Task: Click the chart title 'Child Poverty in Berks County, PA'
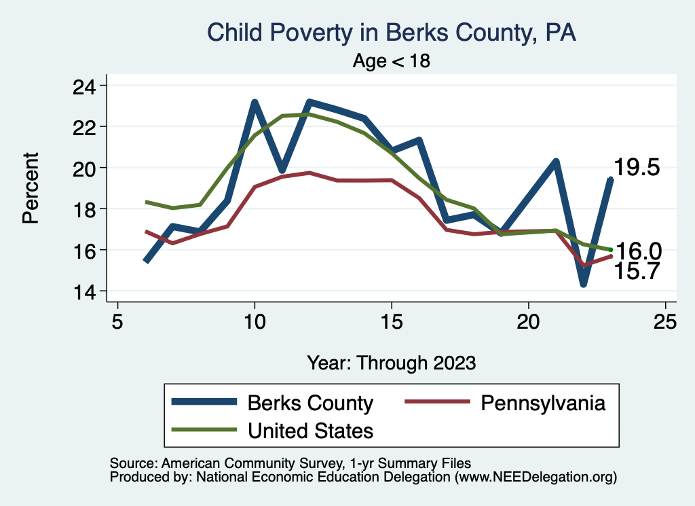391,33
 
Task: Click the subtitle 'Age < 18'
391,61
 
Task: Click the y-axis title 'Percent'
30,188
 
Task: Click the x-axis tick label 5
117,321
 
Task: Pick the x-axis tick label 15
391,321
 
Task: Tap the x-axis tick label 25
665,321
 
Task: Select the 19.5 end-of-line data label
637,168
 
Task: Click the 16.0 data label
639,251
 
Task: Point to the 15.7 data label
637,272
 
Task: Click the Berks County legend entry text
310,403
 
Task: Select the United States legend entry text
310,430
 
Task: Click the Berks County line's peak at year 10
255,103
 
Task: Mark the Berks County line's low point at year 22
583,283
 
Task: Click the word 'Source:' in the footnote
132,463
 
